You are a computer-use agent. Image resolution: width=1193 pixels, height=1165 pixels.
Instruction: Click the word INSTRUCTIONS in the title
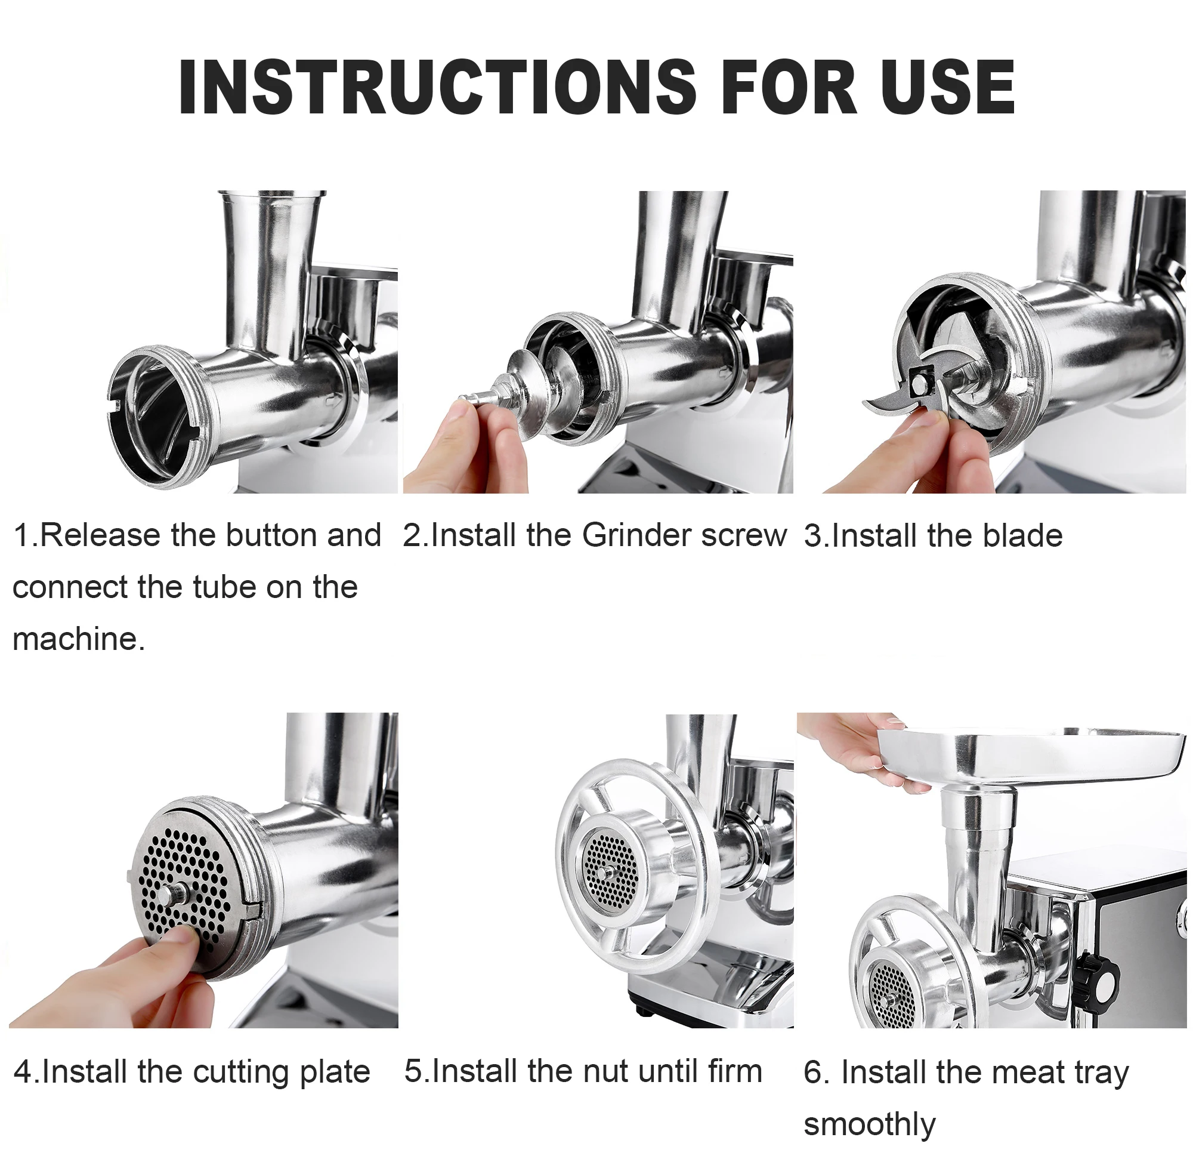pos(437,87)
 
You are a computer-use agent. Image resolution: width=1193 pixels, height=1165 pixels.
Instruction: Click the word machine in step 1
pos(75,639)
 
